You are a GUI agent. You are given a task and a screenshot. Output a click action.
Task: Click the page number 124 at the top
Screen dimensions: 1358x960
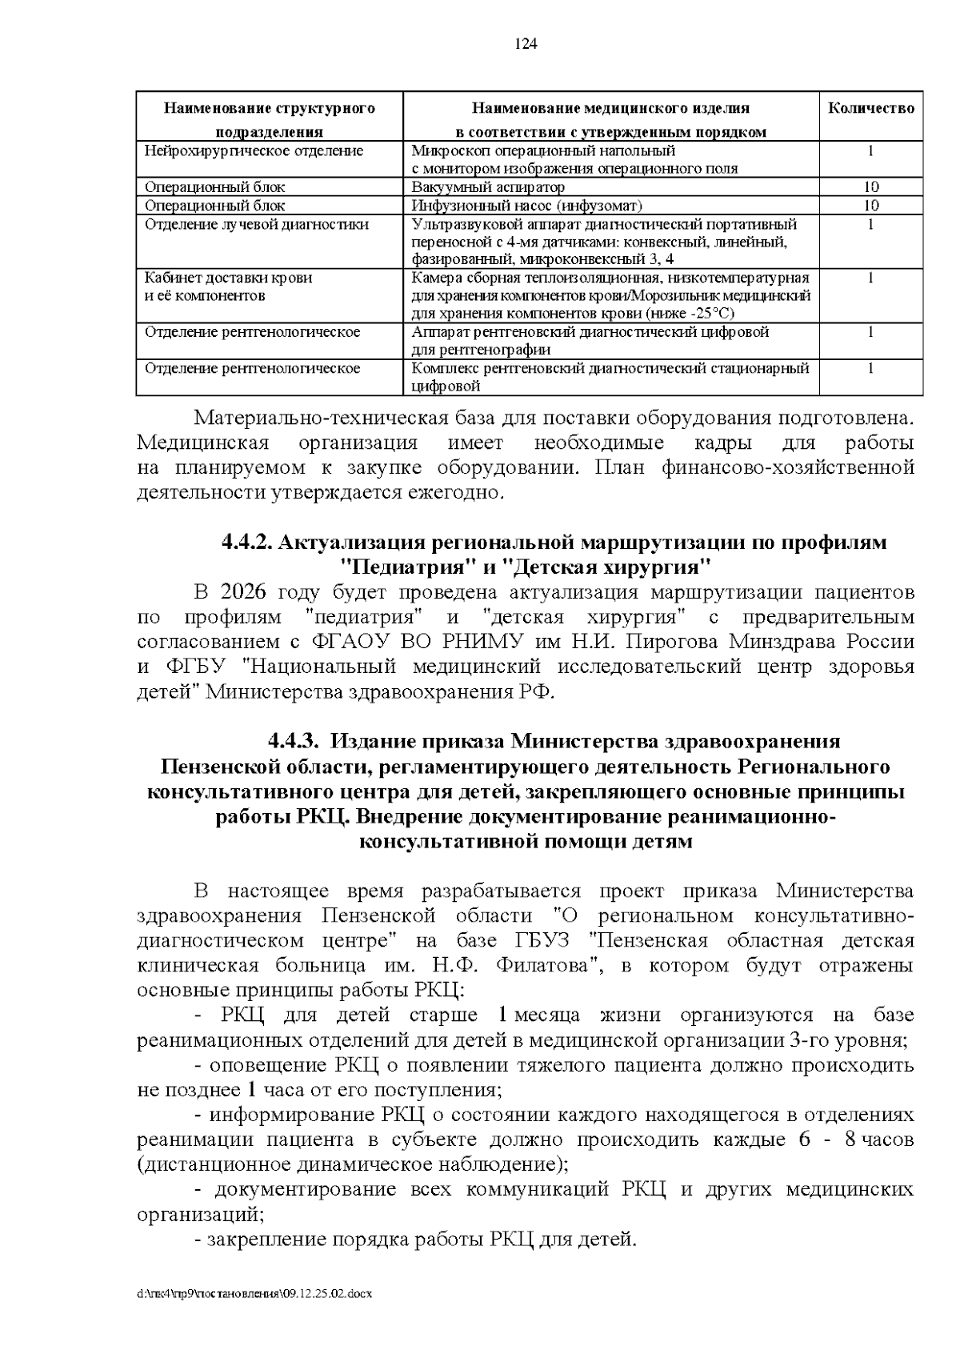526,44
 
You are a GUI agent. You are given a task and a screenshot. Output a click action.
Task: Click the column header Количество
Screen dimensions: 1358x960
870,108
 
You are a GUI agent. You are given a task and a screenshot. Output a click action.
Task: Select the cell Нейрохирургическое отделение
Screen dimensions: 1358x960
254,150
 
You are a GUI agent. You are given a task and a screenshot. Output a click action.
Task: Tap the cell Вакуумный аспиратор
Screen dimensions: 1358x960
488,186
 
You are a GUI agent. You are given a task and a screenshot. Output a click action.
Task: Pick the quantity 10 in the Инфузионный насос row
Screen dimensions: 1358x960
870,205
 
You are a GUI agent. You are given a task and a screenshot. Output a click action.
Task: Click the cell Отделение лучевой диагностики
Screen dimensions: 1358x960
256,224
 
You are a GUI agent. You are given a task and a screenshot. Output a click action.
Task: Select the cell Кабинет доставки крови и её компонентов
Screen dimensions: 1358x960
228,286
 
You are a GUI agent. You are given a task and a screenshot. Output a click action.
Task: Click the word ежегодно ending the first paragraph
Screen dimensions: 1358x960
455,492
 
